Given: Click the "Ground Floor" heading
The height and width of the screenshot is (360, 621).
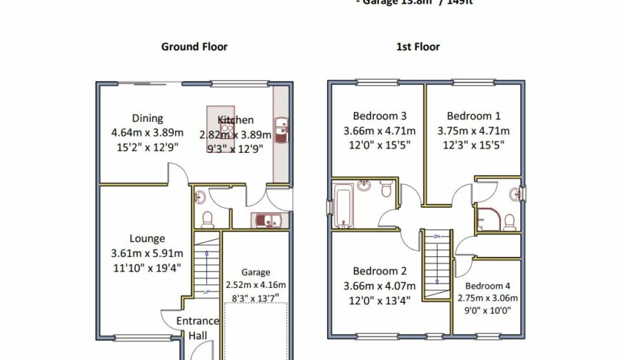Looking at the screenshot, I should [x=194, y=47].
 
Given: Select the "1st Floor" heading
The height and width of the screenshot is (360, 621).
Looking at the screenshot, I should [x=418, y=47].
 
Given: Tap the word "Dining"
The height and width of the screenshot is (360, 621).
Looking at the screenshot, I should [x=147, y=119].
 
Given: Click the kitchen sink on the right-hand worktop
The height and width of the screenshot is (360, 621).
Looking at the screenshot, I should [x=282, y=129].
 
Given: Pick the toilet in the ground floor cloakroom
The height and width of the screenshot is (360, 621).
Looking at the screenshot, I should [x=207, y=218].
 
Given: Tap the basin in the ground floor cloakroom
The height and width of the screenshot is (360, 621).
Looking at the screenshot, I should [x=200, y=196].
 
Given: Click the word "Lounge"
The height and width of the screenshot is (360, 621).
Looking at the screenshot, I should [x=147, y=239].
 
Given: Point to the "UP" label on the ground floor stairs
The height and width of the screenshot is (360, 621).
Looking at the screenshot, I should [x=207, y=291].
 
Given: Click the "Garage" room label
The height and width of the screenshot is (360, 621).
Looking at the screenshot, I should [x=256, y=272].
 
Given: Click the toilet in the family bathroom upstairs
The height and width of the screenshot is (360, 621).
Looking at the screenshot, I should [x=385, y=189].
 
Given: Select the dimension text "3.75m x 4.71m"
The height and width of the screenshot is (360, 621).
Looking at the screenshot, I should [x=473, y=131].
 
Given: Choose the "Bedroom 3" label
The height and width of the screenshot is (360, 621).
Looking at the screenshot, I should [x=380, y=116].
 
